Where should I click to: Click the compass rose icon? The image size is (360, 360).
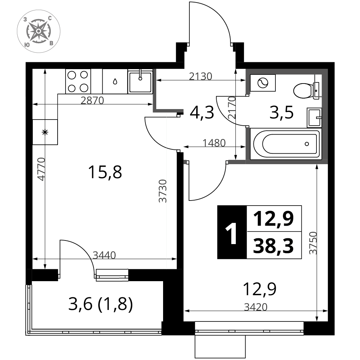(39, 31)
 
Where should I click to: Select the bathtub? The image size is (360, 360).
(285, 144)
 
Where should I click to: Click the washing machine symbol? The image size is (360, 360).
(263, 83)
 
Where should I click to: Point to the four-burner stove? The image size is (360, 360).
(78, 81)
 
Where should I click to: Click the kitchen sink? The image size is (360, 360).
(140, 81)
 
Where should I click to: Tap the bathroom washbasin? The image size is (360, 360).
(314, 118)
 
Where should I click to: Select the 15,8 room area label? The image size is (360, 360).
(105, 172)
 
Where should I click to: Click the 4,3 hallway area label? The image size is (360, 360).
(202, 112)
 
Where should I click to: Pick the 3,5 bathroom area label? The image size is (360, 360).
(282, 112)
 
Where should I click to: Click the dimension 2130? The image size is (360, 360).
(201, 76)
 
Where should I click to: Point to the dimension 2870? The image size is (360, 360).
(92, 100)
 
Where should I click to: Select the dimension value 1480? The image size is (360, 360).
(214, 143)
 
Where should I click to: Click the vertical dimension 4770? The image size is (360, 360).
(41, 169)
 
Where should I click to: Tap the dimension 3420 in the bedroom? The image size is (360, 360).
(256, 307)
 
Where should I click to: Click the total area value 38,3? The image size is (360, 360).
(273, 246)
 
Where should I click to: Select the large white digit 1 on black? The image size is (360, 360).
(231, 234)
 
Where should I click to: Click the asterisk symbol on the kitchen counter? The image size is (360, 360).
(45, 132)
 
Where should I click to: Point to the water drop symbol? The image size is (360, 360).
(115, 81)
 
